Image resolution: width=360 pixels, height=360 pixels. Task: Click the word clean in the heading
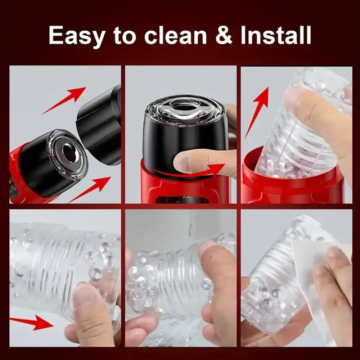[176, 35]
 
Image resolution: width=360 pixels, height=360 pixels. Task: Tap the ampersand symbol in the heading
[224, 35]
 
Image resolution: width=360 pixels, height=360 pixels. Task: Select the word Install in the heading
[276, 35]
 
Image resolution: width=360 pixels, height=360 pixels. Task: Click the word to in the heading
[125, 36]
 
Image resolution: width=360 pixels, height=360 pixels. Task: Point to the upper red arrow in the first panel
[64, 100]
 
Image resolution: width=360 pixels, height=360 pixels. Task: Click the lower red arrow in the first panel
[90, 189]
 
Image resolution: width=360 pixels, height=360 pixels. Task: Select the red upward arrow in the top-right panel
[257, 112]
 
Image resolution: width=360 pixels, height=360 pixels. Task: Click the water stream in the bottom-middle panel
[190, 227]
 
